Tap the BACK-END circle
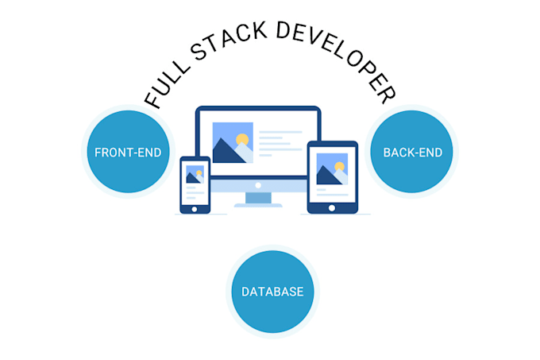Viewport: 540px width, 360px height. (413, 151)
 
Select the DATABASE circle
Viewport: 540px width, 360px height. (272, 292)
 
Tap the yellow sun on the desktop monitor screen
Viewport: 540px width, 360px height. (242, 141)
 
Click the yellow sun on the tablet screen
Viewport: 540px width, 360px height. (340, 167)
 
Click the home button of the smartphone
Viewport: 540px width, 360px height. (195, 208)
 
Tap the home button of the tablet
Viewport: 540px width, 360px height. (332, 208)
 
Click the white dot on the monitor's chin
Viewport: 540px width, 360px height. (258, 185)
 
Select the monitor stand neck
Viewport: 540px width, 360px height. (258, 198)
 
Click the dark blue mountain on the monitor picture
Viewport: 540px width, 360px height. (229, 152)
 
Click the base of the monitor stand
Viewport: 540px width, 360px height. (258, 205)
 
